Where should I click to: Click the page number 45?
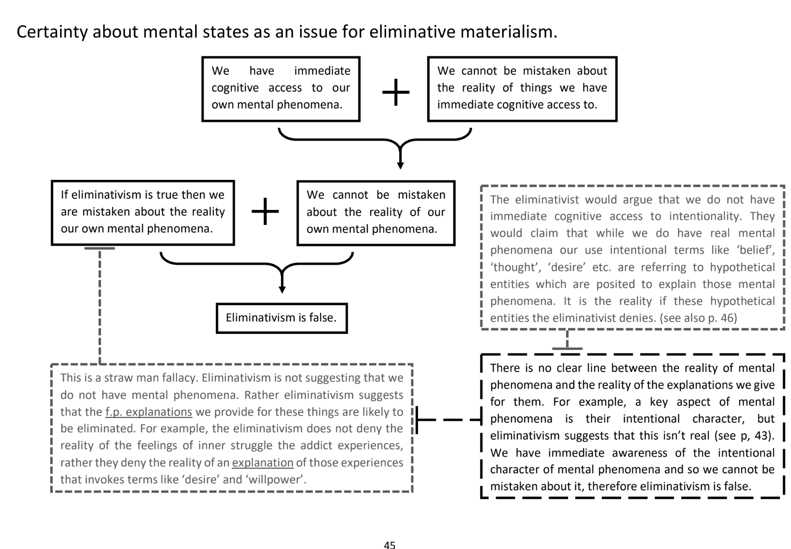tap(389, 544)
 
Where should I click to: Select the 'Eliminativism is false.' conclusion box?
tap(281, 318)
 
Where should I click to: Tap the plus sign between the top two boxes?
tap(395, 92)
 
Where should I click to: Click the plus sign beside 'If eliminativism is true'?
tap(265, 211)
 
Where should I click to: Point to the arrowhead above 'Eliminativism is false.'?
tap(282, 289)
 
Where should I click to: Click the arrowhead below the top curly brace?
tap(400, 165)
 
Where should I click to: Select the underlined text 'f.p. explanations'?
tap(149, 412)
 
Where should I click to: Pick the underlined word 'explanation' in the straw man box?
tap(263, 463)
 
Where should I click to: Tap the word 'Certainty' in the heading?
tap(52, 31)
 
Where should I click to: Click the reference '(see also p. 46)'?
tap(698, 318)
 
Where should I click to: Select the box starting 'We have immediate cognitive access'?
tap(281, 88)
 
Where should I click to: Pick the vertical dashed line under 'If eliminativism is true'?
tap(100, 305)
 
